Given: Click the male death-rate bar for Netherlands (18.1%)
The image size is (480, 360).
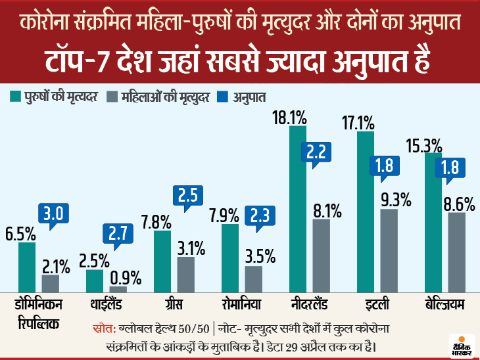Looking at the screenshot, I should [299, 209].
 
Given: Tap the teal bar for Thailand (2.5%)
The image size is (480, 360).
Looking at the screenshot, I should [95, 281].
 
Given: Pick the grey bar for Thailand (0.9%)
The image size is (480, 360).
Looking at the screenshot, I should [118, 288].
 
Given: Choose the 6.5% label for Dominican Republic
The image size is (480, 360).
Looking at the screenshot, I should [20, 233].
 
